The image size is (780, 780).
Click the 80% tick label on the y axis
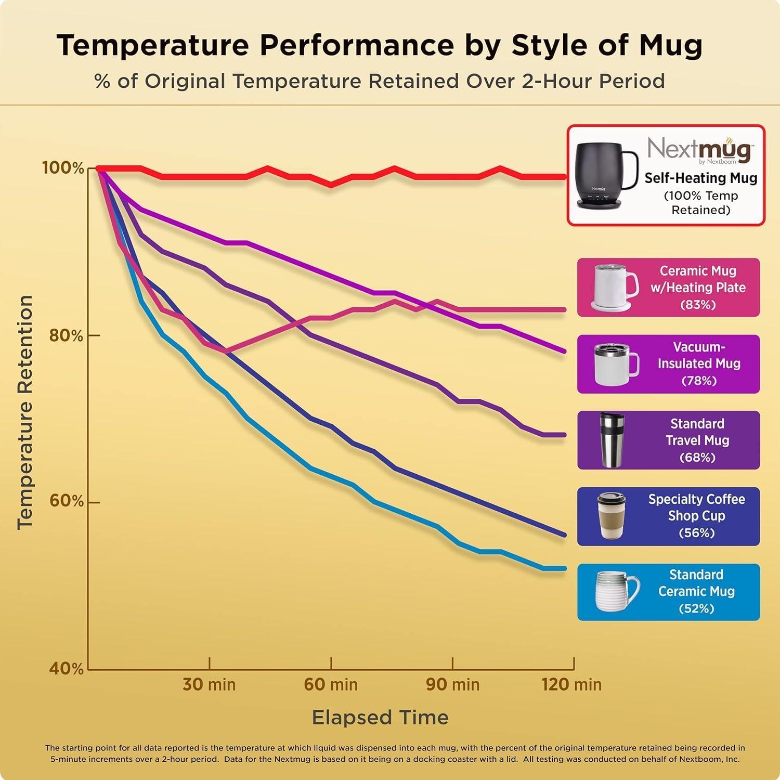66,335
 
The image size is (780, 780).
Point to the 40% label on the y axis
66,668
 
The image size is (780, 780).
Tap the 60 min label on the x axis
331,684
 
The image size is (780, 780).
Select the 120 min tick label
571,684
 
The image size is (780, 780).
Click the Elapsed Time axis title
380,718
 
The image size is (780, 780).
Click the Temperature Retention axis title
25,412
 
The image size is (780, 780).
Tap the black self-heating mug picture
603,174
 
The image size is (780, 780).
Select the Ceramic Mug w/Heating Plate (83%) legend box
668,288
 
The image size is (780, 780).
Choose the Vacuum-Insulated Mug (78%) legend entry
668,364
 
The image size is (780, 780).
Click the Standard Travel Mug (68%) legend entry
668,440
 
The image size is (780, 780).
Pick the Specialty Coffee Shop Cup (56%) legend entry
668,516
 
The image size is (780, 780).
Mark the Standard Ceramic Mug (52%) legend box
668,592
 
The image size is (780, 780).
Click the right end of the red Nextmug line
565,177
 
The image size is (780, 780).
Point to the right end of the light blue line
565,568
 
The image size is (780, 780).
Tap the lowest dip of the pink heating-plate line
226,352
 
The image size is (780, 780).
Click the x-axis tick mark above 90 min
452,663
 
